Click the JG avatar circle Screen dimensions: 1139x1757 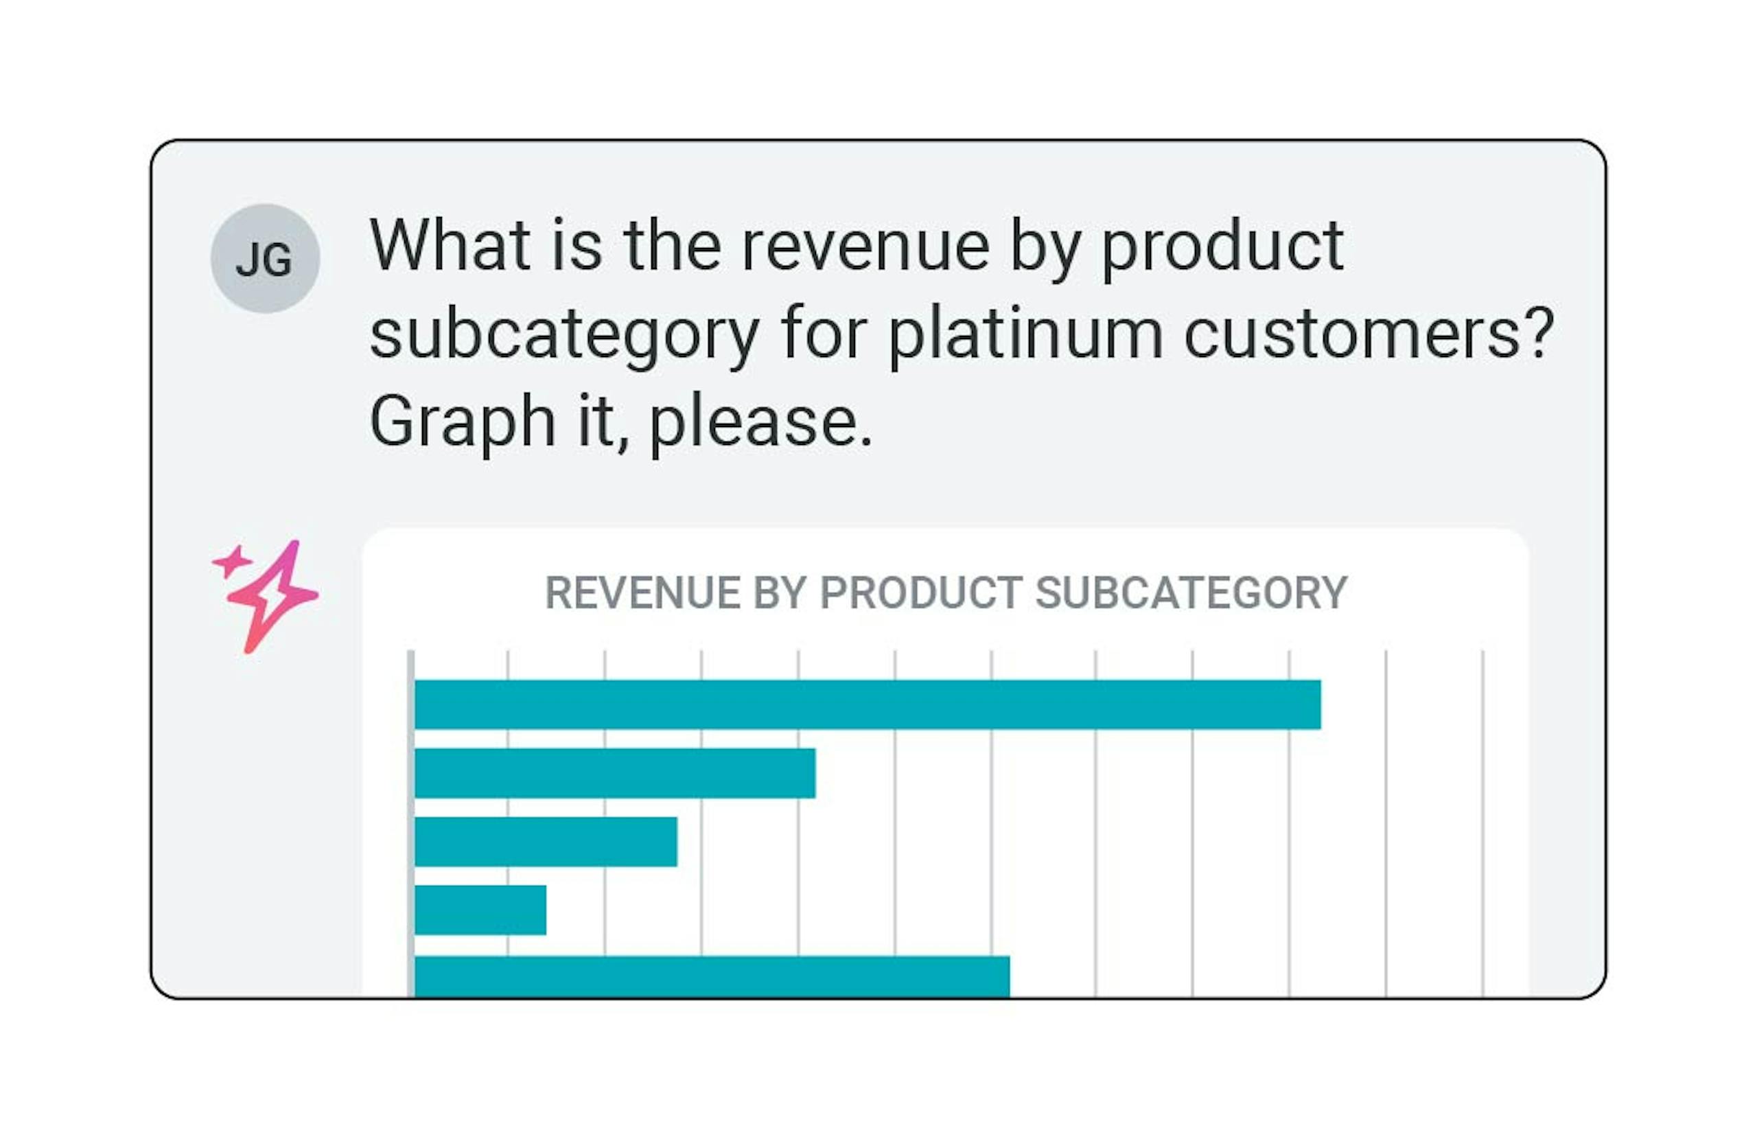(265, 259)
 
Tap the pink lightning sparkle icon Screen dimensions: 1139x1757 (275, 597)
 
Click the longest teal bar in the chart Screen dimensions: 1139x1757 (867, 704)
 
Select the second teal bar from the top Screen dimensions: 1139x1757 (614, 773)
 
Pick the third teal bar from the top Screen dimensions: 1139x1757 (546, 842)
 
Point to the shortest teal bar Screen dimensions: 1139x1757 (480, 910)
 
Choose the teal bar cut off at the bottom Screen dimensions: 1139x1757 (712, 976)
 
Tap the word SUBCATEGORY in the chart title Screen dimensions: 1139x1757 (1191, 593)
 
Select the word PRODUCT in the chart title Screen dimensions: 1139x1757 (920, 593)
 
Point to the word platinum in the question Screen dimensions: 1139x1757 (1025, 334)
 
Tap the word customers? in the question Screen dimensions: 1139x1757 (1368, 334)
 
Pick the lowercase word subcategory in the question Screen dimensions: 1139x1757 (565, 334)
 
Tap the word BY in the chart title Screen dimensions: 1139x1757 (780, 593)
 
